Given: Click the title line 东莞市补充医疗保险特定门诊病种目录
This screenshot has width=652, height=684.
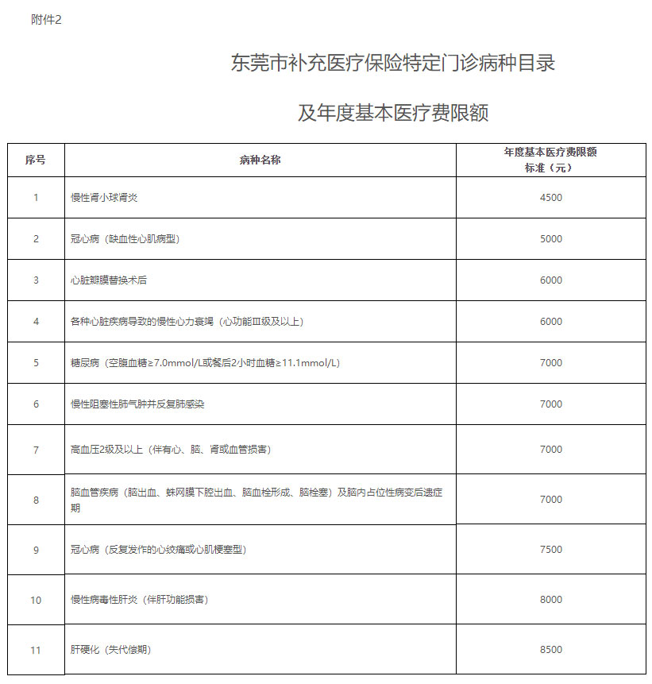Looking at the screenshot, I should click(x=393, y=64).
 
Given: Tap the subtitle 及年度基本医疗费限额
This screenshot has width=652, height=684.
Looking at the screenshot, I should click(x=393, y=113).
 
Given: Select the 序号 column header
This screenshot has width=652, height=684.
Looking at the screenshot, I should click(x=36, y=160).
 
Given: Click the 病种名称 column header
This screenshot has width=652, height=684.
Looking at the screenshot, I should click(x=260, y=160).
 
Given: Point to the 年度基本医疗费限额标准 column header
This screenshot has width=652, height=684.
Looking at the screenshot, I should click(x=550, y=160).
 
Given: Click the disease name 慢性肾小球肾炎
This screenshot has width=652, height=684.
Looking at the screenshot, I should click(x=104, y=197).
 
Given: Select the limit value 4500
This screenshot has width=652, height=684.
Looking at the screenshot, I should click(x=550, y=197).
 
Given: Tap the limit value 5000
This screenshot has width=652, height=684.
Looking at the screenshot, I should click(x=550, y=238).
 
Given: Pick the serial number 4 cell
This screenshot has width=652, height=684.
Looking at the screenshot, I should click(x=36, y=321).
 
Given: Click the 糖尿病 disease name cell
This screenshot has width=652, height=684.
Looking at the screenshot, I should click(x=205, y=362).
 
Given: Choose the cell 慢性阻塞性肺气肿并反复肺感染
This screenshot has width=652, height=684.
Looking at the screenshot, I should click(x=137, y=404).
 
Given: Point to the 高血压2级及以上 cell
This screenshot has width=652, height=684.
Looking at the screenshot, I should click(x=170, y=450).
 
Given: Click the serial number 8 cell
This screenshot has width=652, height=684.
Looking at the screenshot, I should click(x=36, y=500).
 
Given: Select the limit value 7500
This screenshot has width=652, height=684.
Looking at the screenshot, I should click(x=550, y=549).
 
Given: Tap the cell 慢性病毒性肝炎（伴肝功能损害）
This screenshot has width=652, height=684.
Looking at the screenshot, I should click(x=139, y=600).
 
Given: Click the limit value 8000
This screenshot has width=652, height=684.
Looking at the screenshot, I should click(x=550, y=600).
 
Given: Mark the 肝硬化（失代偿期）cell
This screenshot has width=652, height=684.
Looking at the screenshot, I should click(x=110, y=650).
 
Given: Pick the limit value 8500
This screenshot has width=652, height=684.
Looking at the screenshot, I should click(x=550, y=650).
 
